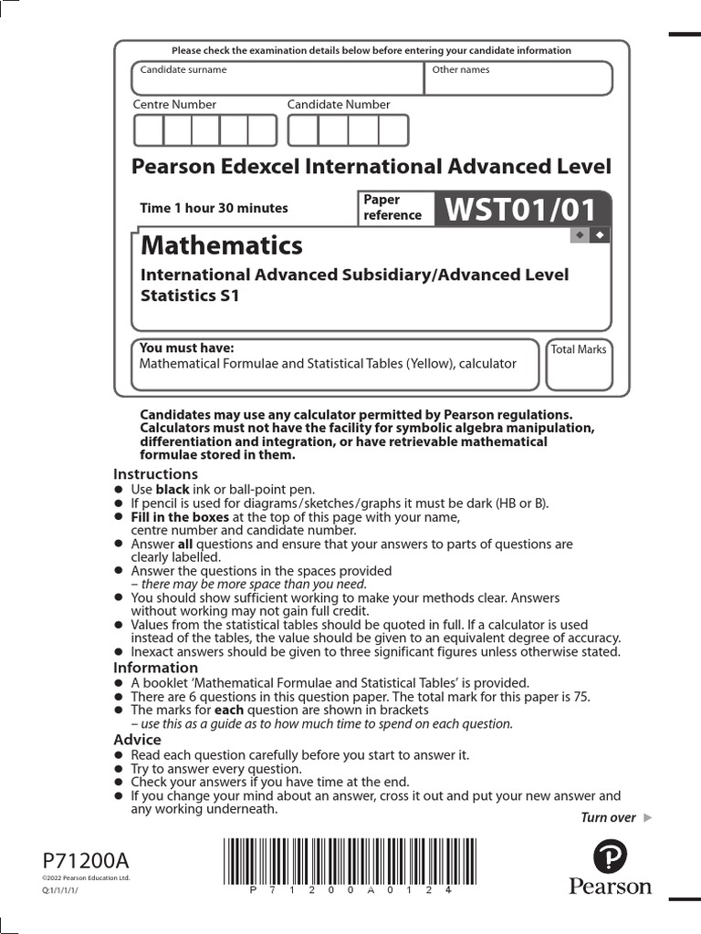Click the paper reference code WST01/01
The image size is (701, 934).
tap(519, 210)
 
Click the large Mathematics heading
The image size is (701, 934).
tap(221, 245)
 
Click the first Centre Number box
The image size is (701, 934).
tap(149, 130)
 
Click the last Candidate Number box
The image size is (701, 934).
tap(393, 130)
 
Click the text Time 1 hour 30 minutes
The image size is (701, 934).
tap(214, 208)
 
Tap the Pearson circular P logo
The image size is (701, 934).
tap(611, 856)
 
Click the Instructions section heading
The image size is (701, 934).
tap(155, 474)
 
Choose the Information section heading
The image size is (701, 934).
tap(155, 668)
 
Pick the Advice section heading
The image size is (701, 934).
tap(137, 740)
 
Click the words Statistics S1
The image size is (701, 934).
tap(189, 296)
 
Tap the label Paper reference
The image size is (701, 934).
tap(392, 207)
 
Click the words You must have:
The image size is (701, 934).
tap(186, 348)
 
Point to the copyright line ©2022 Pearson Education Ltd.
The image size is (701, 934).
tap(87, 878)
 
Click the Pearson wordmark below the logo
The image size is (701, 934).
tap(611, 887)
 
